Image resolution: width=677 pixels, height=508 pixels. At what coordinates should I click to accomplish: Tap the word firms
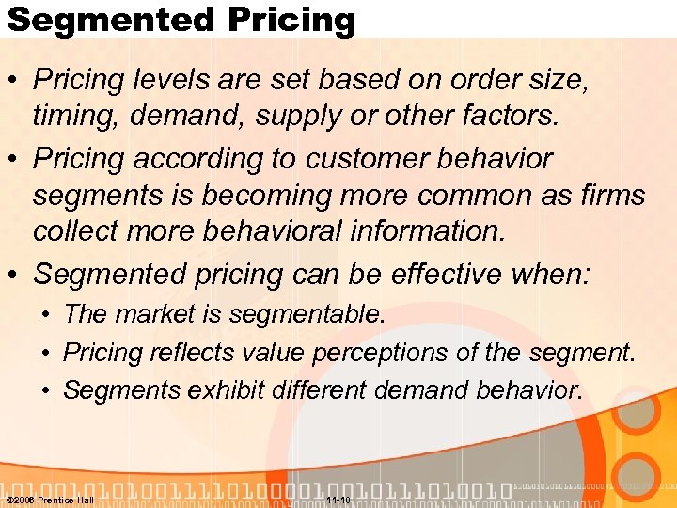[610, 196]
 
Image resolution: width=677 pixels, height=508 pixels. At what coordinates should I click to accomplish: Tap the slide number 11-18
[339, 500]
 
